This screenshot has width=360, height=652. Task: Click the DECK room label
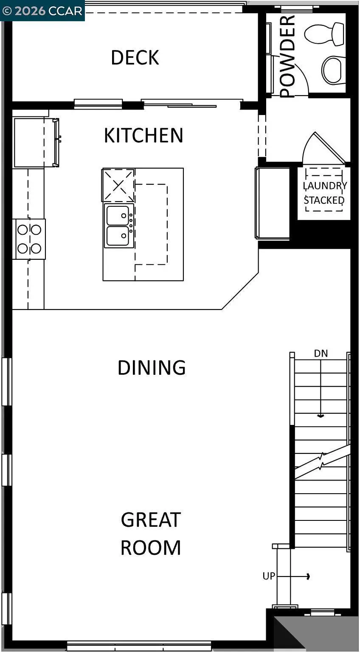pyautogui.click(x=135, y=58)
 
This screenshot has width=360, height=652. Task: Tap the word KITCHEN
pyautogui.click(x=143, y=135)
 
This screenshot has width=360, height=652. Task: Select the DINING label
pyautogui.click(x=152, y=368)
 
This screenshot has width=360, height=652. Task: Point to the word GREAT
pyautogui.click(x=151, y=520)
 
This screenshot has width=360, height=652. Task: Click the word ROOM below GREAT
pyautogui.click(x=151, y=548)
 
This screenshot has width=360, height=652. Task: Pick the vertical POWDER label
pyautogui.click(x=287, y=56)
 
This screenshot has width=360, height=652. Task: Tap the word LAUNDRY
pyautogui.click(x=325, y=186)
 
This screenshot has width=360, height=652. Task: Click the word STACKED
pyautogui.click(x=324, y=200)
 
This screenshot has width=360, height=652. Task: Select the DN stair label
pyautogui.click(x=321, y=353)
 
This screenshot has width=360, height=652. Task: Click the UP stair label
pyautogui.click(x=269, y=576)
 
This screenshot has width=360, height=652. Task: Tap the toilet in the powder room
pyautogui.click(x=325, y=34)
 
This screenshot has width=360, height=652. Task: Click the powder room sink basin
pyautogui.click(x=334, y=70)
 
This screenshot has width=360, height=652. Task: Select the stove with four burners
pyautogui.click(x=29, y=239)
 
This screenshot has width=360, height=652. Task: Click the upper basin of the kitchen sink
pyautogui.click(x=118, y=215)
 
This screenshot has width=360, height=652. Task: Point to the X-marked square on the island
pyautogui.click(x=119, y=185)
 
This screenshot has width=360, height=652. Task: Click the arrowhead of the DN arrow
pyautogui.click(x=321, y=416)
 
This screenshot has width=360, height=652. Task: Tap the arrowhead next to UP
pyautogui.click(x=308, y=576)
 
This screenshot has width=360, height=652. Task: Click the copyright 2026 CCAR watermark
pyautogui.click(x=42, y=11)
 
